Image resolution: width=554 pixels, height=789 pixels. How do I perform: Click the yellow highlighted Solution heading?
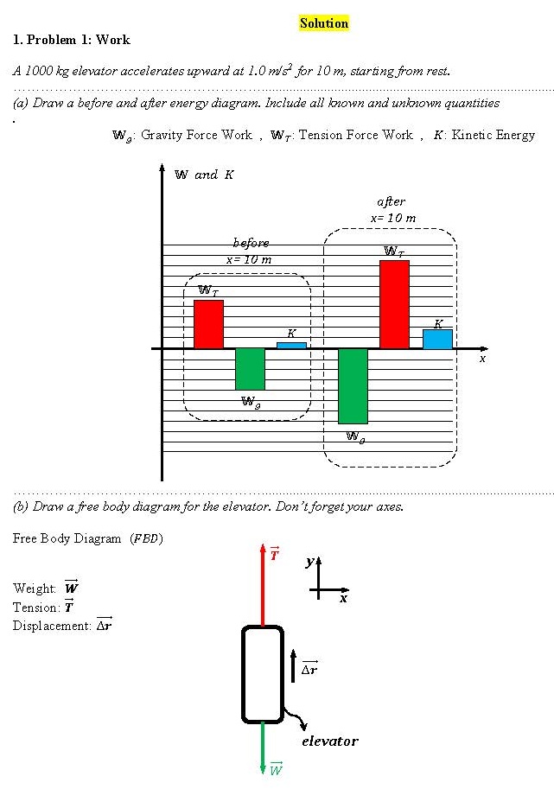click(x=324, y=23)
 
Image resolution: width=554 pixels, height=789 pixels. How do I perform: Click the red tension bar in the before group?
click(x=208, y=324)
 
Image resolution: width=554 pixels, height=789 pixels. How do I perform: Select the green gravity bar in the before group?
click(x=250, y=369)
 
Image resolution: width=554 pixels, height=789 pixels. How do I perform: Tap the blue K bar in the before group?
click(x=291, y=345)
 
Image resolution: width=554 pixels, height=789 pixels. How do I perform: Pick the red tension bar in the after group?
click(x=394, y=304)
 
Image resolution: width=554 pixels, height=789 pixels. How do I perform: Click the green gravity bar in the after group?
click(x=353, y=385)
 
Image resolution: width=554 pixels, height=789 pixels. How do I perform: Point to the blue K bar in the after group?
click(x=437, y=338)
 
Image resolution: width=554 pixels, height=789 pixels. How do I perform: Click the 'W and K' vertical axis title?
click(x=204, y=175)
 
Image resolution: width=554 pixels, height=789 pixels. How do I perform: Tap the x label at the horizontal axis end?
click(x=482, y=358)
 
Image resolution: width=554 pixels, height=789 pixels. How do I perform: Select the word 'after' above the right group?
click(x=391, y=201)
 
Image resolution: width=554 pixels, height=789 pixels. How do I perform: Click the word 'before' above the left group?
click(x=251, y=243)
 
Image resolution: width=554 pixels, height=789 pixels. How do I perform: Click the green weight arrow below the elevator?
click(x=263, y=748)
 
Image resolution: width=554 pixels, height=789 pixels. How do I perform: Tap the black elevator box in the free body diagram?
click(x=263, y=673)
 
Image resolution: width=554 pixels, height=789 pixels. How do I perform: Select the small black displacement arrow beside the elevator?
click(x=294, y=665)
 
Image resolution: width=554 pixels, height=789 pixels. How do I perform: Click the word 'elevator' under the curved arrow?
click(x=329, y=741)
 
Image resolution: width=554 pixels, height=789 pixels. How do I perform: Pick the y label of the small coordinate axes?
click(x=309, y=563)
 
